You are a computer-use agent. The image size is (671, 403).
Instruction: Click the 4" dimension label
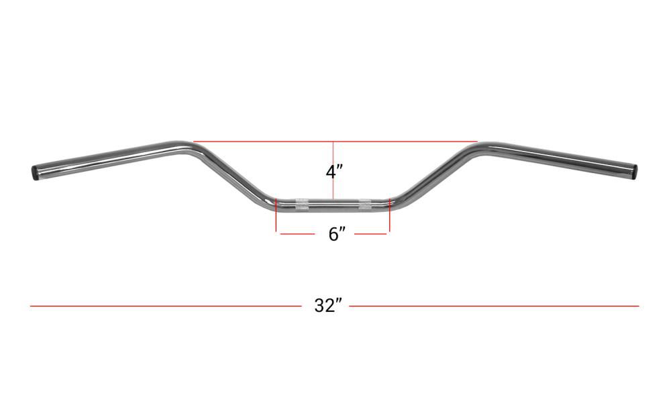pyautogui.click(x=334, y=172)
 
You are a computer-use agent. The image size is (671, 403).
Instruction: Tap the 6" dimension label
pyautogui.click(x=336, y=234)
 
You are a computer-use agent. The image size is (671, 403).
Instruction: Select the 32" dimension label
pyautogui.click(x=328, y=306)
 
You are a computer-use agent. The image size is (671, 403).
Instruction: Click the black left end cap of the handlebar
pyautogui.click(x=34, y=172)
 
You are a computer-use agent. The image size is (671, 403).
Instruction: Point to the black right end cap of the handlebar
pyautogui.click(x=634, y=172)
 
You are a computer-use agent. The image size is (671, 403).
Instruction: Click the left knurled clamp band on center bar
pyautogui.click(x=302, y=205)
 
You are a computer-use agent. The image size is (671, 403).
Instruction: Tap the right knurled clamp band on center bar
pyautogui.click(x=366, y=205)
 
